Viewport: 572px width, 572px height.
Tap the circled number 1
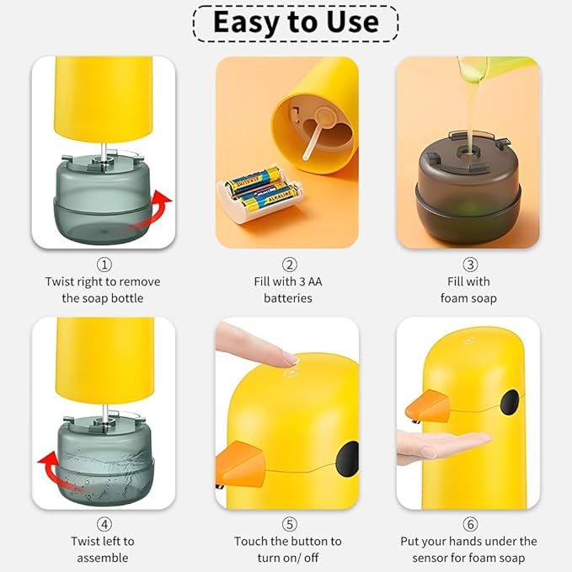(104, 265)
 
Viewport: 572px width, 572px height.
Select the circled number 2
(288, 265)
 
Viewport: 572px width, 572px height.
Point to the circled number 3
(470, 265)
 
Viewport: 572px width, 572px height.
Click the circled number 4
(104, 525)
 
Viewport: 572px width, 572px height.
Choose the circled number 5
(288, 525)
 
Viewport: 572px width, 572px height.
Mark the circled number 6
(470, 525)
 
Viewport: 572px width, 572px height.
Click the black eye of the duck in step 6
(511, 402)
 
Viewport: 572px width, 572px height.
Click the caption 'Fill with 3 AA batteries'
(288, 289)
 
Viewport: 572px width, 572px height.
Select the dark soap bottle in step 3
(468, 190)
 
